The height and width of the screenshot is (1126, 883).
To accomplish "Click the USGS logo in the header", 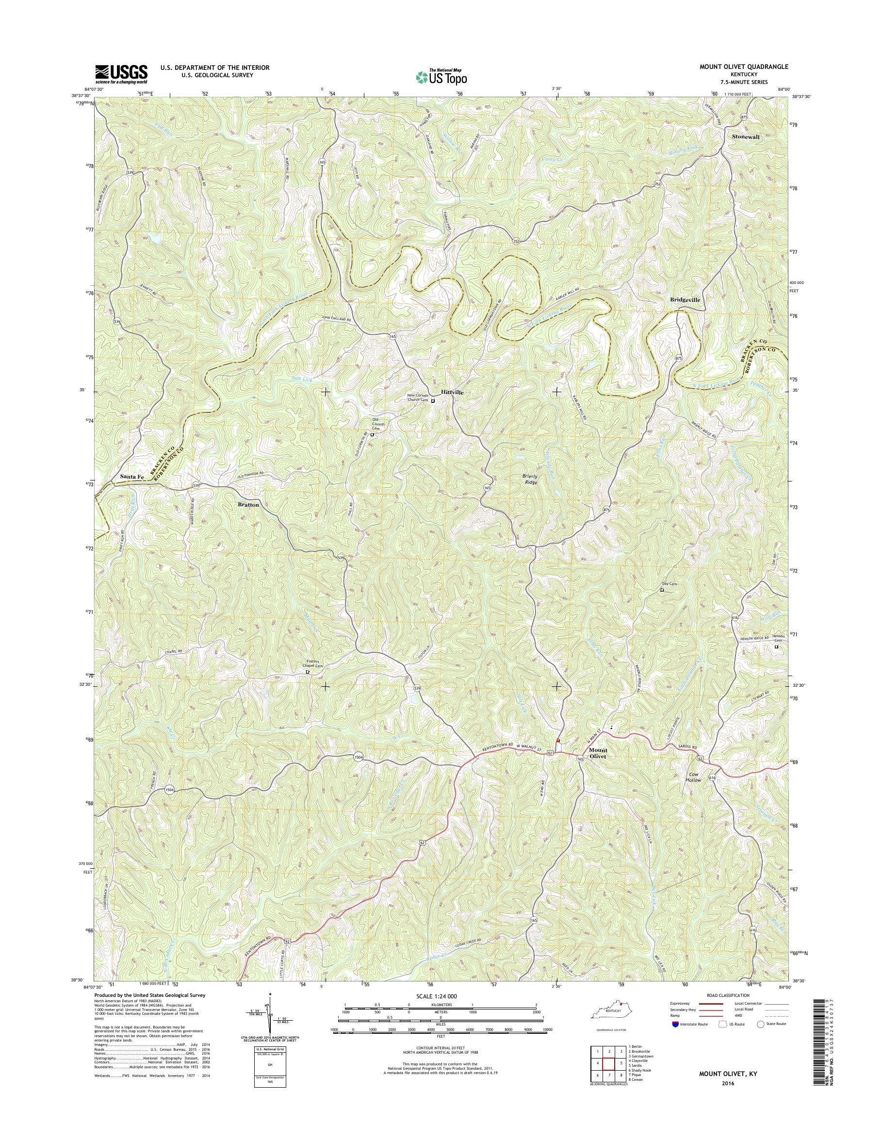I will point(121,74).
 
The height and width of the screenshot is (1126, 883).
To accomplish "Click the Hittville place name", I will point(452,393).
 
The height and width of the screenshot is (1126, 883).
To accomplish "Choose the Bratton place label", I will point(249,504).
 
